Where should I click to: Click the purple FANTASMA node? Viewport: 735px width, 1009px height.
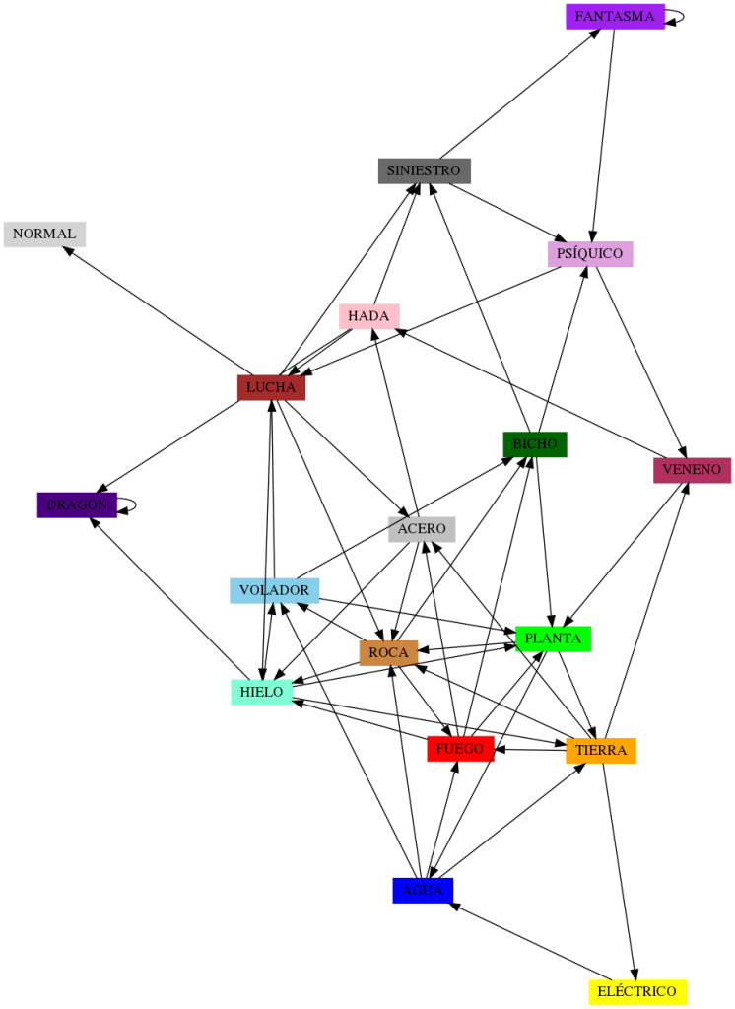tap(615, 17)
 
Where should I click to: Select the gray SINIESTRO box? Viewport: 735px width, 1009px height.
tap(424, 170)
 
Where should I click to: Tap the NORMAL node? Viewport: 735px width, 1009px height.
tap(44, 235)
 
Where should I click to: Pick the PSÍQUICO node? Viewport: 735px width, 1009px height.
tap(589, 253)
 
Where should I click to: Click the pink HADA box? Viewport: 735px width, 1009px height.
tap(368, 316)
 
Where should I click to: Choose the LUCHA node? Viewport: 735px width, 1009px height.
tap(271, 387)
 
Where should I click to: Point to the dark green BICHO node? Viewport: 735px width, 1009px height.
tap(534, 444)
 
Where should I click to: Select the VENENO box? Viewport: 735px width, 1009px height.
tap(692, 470)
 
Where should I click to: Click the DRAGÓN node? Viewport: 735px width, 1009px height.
tap(77, 505)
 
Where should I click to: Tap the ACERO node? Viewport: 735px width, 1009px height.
tap(422, 529)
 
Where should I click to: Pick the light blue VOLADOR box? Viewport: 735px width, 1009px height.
tap(274, 591)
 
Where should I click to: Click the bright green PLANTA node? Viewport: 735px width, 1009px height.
tap(553, 639)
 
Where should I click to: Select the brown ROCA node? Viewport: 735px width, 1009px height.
tap(388, 652)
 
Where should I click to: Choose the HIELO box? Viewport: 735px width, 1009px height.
tap(261, 692)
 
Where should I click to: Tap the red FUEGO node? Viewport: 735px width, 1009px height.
tap(459, 749)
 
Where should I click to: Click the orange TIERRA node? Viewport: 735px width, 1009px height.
tap(600, 751)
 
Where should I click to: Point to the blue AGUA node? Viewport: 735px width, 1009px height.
tap(423, 890)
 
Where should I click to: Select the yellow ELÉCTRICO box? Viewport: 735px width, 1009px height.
tap(636, 991)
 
